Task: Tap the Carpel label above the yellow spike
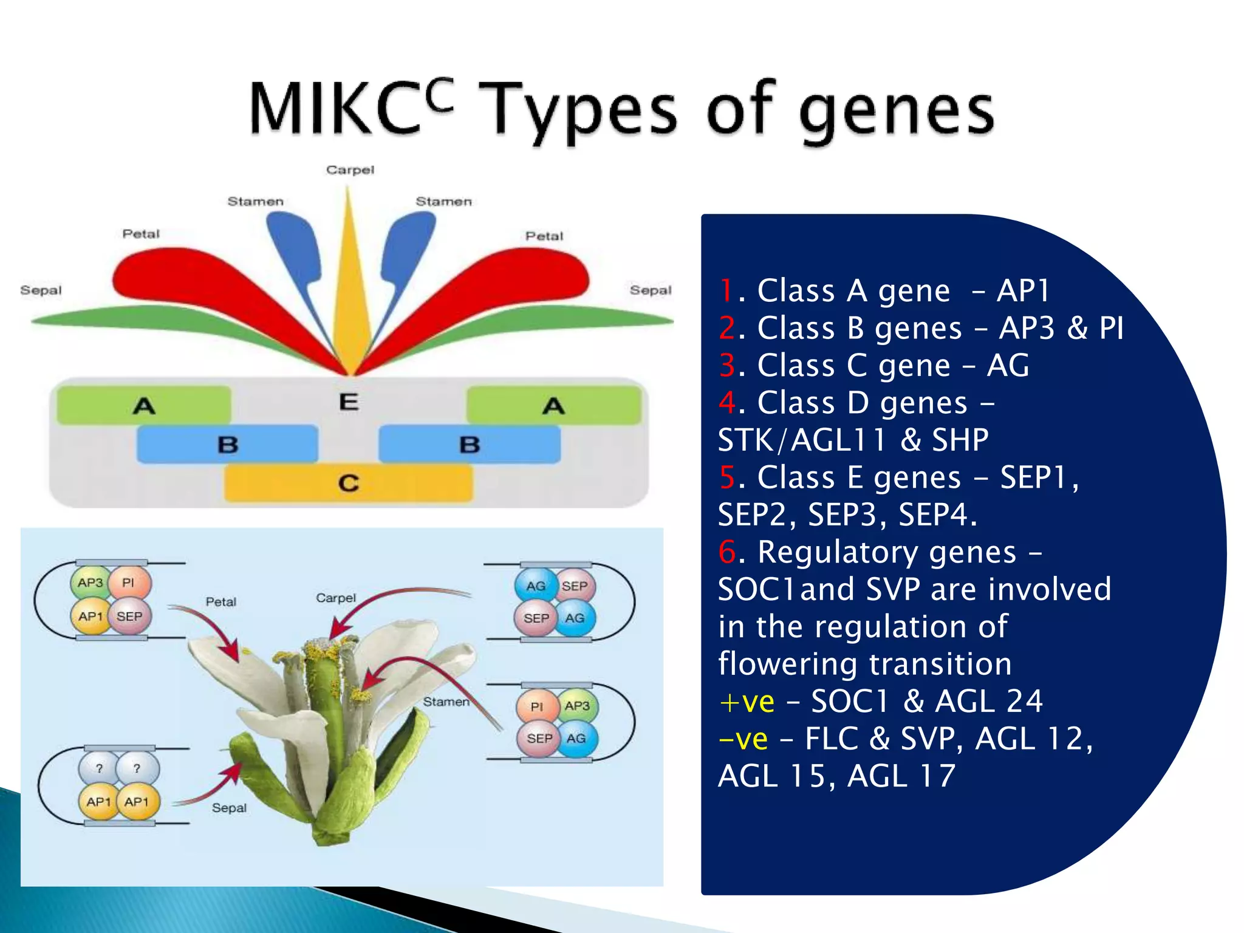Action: pyautogui.click(x=350, y=170)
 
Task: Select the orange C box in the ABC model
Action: pyautogui.click(x=348, y=484)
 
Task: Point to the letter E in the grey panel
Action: pyautogui.click(x=349, y=402)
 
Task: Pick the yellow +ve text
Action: pyautogui.click(x=747, y=702)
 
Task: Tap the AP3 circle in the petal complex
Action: pyautogui.click(x=91, y=583)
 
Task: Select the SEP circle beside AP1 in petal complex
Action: pyautogui.click(x=129, y=617)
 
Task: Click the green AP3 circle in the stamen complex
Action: pyautogui.click(x=576, y=706)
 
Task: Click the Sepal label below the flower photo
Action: pyautogui.click(x=229, y=808)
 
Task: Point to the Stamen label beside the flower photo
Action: pyautogui.click(x=446, y=702)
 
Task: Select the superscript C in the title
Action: pyautogui.click(x=439, y=96)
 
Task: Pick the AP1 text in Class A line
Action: pyautogui.click(x=1023, y=290)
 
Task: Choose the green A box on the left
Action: pyautogui.click(x=144, y=405)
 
